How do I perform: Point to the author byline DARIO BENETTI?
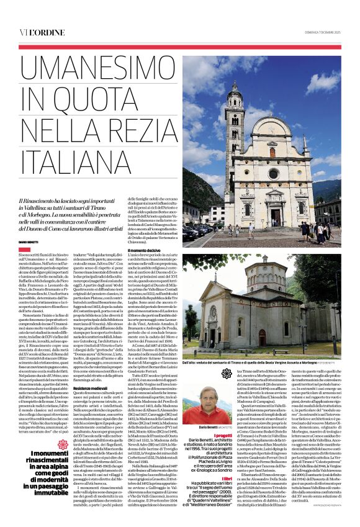pyautogui.click(x=29, y=241)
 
